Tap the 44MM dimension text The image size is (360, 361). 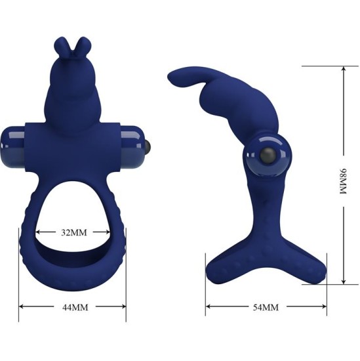click(x=72, y=307)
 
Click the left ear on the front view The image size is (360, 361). click(x=62, y=47)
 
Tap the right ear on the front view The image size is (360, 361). click(x=81, y=47)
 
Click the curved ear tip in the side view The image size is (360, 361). click(x=176, y=77)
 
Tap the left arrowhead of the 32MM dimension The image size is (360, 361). click(x=38, y=231)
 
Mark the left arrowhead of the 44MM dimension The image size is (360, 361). click(x=21, y=307)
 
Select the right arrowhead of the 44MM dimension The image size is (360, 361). click(x=124, y=307)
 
